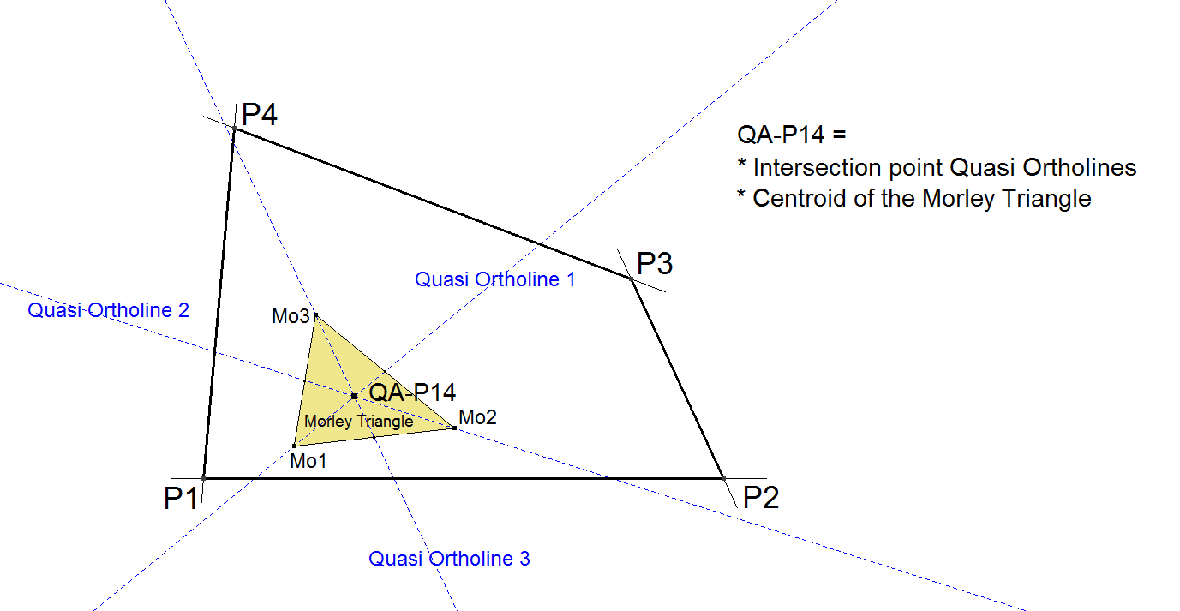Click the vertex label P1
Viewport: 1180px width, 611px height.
coord(181,498)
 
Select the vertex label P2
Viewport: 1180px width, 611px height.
coord(761,497)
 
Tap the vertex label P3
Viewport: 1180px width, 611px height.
coord(655,263)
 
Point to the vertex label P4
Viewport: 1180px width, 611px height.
coord(260,114)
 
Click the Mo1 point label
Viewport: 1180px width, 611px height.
coord(308,461)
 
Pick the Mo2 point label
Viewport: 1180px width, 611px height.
coord(477,417)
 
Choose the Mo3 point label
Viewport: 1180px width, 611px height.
coord(291,316)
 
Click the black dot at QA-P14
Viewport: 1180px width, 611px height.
coord(354,396)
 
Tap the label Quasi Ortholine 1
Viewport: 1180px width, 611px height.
coord(495,279)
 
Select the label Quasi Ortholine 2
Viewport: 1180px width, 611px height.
coord(108,310)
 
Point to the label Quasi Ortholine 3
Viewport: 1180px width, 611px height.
coord(449,559)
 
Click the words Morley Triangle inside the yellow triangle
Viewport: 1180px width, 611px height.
coord(358,422)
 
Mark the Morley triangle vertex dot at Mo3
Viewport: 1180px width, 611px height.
coord(315,315)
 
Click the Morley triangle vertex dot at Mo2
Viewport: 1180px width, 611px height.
coord(454,427)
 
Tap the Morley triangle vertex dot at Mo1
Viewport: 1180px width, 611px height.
coord(294,446)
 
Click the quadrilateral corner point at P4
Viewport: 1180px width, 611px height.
coord(234,129)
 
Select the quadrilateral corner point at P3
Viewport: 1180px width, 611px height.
coord(632,279)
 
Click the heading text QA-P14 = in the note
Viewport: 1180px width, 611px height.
coord(791,135)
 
